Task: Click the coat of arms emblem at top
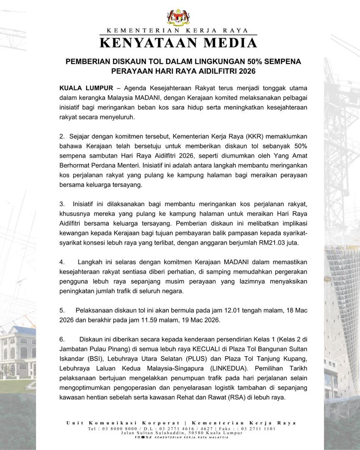(x=178, y=16)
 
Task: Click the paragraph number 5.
(x=62, y=310)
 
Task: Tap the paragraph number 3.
(x=62, y=204)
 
